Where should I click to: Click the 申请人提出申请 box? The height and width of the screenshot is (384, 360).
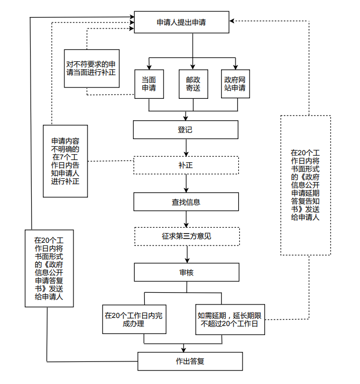pyautogui.click(x=185, y=22)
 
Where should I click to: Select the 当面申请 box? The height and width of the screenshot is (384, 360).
pyautogui.click(x=149, y=84)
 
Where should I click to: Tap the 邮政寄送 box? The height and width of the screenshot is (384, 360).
pyautogui.click(x=193, y=84)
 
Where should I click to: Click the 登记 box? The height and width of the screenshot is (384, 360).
pyautogui.click(x=186, y=129)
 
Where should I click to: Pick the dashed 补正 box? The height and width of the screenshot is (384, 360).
pyautogui.click(x=186, y=165)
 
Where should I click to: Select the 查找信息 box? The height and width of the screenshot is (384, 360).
pyautogui.click(x=186, y=201)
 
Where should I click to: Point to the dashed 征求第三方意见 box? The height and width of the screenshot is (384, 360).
pyautogui.click(x=186, y=236)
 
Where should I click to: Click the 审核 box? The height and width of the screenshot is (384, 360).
pyautogui.click(x=186, y=272)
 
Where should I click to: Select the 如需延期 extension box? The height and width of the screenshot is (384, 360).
pyautogui.click(x=229, y=320)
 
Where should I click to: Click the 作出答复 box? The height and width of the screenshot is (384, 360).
pyautogui.click(x=190, y=361)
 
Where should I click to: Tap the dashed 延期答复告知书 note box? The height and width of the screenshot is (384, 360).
pyautogui.click(x=305, y=185)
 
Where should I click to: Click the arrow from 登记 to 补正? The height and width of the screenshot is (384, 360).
pyautogui.click(x=186, y=147)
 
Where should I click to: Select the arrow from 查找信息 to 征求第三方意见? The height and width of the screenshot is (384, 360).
pyautogui.click(x=186, y=219)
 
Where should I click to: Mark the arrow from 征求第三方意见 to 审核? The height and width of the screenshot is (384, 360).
pyautogui.click(x=186, y=254)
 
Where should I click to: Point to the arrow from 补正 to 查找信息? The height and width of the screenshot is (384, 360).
pyautogui.click(x=186, y=183)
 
